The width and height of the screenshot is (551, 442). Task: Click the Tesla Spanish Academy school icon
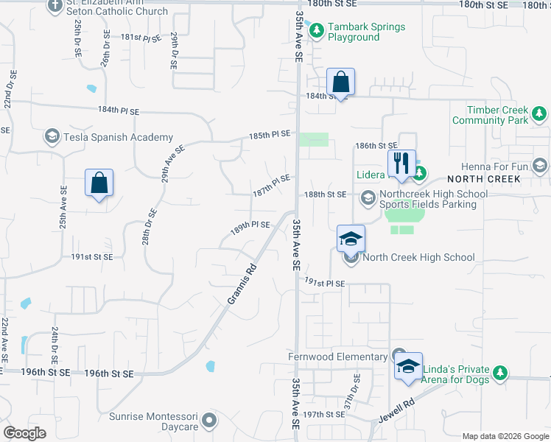point(52,136)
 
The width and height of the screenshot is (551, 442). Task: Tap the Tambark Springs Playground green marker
point(317,32)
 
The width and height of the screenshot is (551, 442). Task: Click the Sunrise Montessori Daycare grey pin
point(210,421)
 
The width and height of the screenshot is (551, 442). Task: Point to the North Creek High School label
point(418,257)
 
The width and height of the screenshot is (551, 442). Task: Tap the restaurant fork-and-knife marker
point(401,163)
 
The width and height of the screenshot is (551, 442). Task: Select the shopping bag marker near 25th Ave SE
point(99,183)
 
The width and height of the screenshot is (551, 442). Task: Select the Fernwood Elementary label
point(337,357)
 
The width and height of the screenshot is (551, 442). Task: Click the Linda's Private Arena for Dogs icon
point(501,373)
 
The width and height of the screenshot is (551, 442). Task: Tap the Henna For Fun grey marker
point(541,166)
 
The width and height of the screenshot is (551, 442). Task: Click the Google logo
point(25,433)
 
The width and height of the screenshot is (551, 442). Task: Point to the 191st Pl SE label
point(325,283)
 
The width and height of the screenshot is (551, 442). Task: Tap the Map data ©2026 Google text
point(505,436)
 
